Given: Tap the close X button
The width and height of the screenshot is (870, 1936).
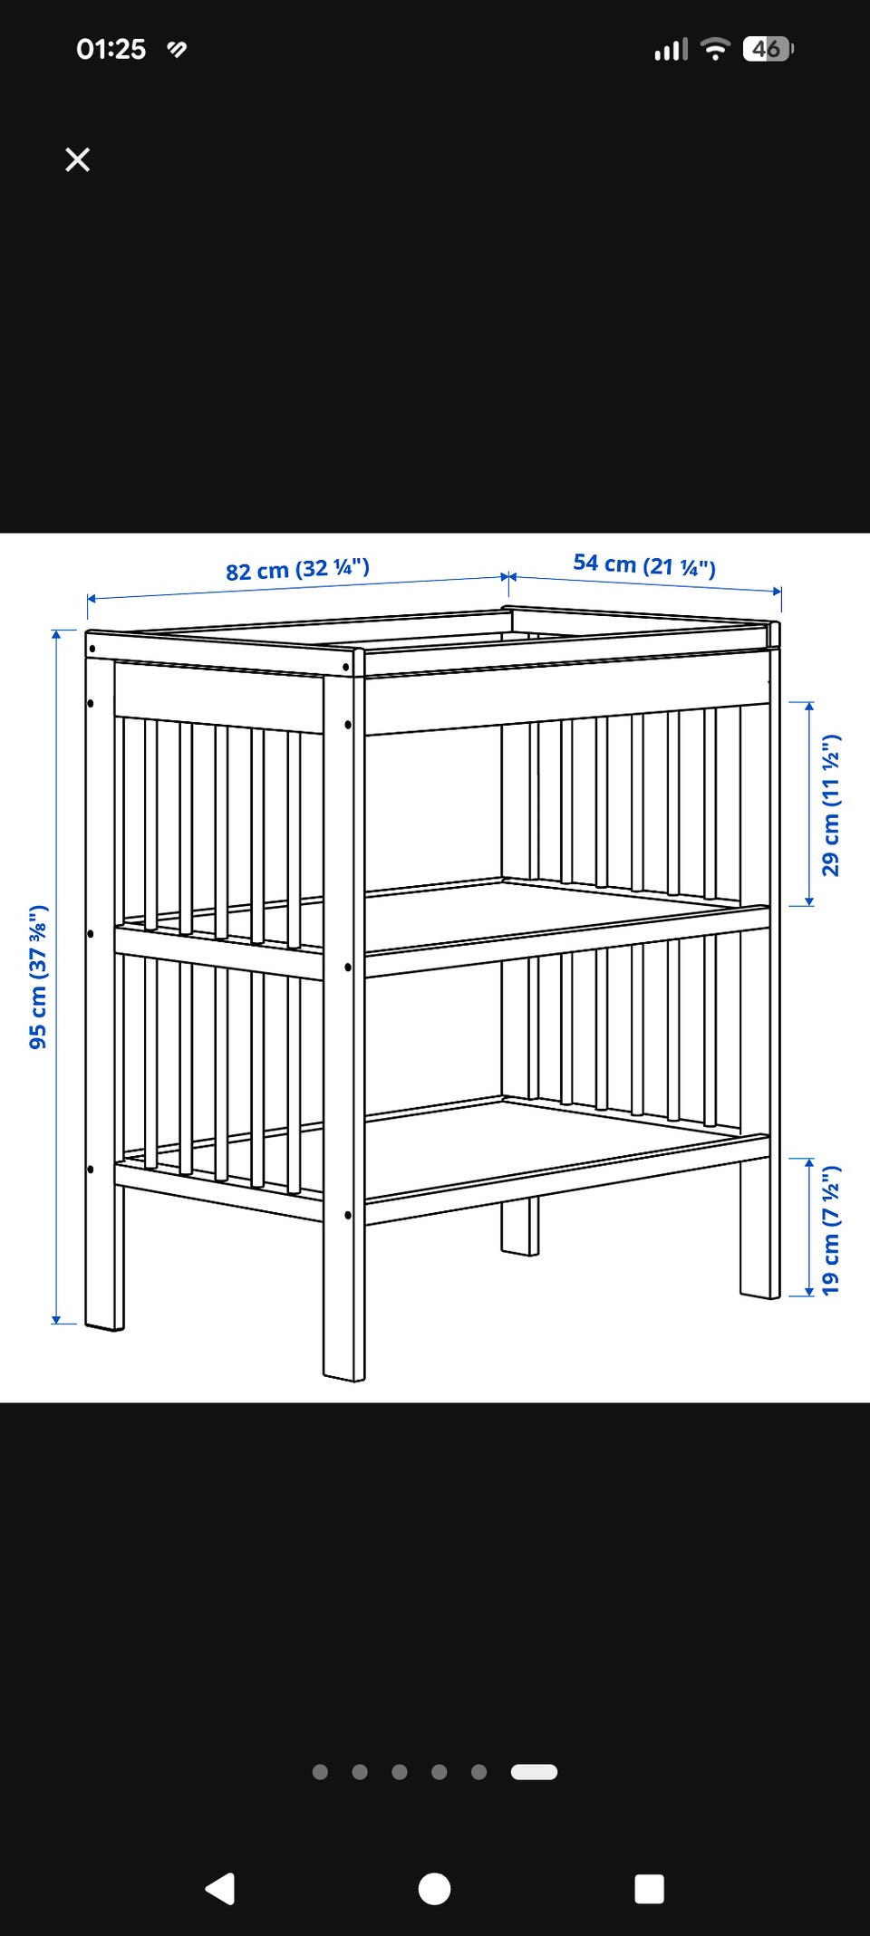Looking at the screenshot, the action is [78, 159].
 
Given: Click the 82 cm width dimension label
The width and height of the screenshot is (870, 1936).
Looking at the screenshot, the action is [297, 570].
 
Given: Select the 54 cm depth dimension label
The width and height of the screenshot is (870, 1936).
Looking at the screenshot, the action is [644, 565].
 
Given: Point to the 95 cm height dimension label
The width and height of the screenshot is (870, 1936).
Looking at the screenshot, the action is [38, 977].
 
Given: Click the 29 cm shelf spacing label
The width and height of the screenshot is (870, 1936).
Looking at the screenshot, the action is [831, 804].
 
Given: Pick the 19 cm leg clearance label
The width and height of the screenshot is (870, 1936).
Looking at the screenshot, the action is [831, 1229].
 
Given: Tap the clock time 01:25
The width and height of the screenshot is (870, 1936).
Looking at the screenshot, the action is [111, 49].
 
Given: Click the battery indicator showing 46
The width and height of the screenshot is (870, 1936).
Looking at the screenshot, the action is [768, 49].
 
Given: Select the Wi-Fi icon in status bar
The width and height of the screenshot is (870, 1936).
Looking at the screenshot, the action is [716, 49].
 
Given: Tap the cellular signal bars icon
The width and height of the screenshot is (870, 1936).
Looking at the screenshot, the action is [672, 49].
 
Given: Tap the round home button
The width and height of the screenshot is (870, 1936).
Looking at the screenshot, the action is [434, 1889].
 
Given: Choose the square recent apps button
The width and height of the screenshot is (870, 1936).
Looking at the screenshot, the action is [650, 1889].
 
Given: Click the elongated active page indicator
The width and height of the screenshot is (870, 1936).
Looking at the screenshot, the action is [534, 1772].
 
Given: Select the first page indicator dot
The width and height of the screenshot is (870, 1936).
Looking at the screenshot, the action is [320, 1772].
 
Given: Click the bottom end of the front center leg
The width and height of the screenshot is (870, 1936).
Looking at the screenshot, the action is [344, 1377].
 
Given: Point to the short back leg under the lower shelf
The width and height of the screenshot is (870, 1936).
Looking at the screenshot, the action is [520, 1225].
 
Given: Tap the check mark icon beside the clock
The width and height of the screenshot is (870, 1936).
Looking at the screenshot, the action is [178, 49].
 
